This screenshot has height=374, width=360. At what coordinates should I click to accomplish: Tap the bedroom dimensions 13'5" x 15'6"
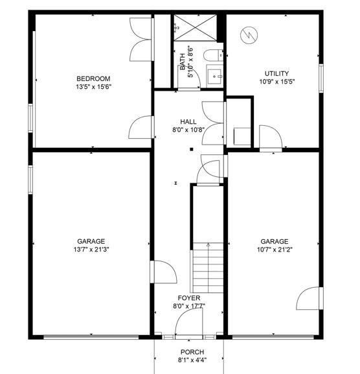coord(94,88)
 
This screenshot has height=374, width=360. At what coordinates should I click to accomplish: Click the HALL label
coord(188,122)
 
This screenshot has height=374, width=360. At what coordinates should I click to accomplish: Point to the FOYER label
coord(190,298)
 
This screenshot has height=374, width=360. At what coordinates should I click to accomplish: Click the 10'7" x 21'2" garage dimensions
coord(275,249)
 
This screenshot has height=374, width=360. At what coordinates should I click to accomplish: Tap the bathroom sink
coord(214,75)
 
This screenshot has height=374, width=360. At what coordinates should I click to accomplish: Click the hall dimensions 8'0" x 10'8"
coord(188,130)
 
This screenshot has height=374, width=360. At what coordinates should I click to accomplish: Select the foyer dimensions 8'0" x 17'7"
coord(190,307)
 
